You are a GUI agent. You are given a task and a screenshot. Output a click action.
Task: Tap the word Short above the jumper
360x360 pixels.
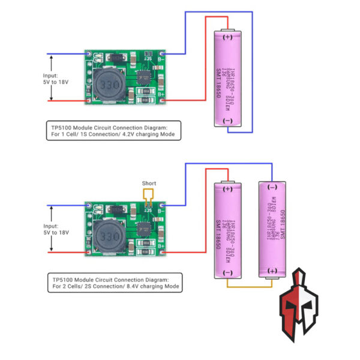pyautogui.click(x=149, y=183)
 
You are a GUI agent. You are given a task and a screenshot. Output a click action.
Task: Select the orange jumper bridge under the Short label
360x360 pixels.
pyautogui.click(x=148, y=196)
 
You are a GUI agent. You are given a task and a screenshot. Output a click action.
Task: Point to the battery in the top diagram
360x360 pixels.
pyautogui.click(x=228, y=78)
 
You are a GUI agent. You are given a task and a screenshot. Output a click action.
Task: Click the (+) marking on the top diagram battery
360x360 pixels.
pyautogui.click(x=228, y=37)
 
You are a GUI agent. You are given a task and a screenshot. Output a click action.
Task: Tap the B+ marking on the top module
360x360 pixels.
pyautogui.click(x=161, y=95)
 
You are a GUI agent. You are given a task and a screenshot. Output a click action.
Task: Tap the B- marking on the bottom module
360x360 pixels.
pyautogui.click(x=161, y=210)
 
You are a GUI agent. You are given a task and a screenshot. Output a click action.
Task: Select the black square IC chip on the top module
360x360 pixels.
pyautogui.click(x=144, y=79)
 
